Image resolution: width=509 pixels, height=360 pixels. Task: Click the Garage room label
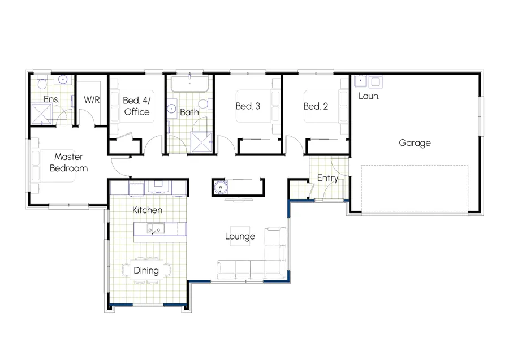pyautogui.click(x=415, y=143)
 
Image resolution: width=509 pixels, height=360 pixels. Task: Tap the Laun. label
pyautogui.click(x=369, y=96)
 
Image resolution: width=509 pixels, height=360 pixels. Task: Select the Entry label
pyautogui.click(x=327, y=178)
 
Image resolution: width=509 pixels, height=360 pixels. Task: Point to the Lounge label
pyautogui.click(x=240, y=236)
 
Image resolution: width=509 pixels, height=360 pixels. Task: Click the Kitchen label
pyautogui.click(x=148, y=210)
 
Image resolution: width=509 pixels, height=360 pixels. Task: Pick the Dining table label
pyautogui.click(x=146, y=270)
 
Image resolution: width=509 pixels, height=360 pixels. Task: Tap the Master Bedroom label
pyautogui.click(x=68, y=162)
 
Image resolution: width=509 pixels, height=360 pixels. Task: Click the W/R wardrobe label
pyautogui.click(x=92, y=100)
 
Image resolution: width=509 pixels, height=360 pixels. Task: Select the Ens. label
pyautogui.click(x=51, y=100)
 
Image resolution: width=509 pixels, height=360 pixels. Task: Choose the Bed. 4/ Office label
pyautogui.click(x=136, y=106)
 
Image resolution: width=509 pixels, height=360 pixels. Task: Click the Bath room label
pyautogui.click(x=189, y=112)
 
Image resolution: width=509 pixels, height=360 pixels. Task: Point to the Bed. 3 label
pyautogui.click(x=248, y=106)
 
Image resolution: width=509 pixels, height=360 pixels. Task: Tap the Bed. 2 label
pyautogui.click(x=316, y=106)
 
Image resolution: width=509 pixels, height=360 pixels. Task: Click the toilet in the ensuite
pyautogui.click(x=42, y=83)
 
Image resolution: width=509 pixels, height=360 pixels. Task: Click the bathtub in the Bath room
pyautogui.click(x=190, y=85)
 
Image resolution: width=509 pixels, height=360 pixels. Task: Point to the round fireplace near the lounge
pyautogui.click(x=220, y=186)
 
